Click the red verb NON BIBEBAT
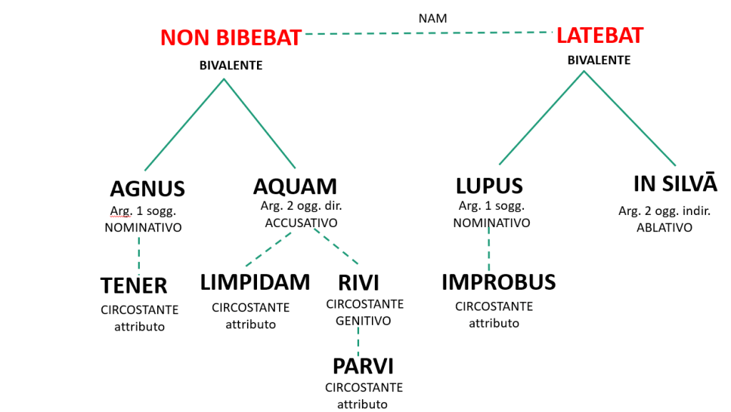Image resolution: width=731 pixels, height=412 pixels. click(231, 38)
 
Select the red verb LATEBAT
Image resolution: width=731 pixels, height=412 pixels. click(600, 35)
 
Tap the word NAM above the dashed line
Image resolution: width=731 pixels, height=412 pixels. click(433, 19)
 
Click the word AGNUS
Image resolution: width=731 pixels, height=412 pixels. click(147, 189)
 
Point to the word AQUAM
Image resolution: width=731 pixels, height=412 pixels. click(295, 186)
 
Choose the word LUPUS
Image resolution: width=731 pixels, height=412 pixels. click(489, 186)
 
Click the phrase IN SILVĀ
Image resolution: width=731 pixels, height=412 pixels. click(675, 184)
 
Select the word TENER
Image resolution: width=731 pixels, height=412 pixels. click(133, 286)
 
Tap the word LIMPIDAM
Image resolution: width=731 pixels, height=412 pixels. click(255, 282)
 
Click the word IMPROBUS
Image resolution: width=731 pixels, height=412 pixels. click(498, 282)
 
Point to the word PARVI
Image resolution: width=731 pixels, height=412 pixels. click(363, 366)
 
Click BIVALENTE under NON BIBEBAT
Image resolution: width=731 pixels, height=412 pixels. click(231, 66)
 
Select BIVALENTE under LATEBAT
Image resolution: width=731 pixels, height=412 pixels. click(599, 60)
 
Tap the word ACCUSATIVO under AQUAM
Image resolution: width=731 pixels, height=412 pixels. click(301, 223)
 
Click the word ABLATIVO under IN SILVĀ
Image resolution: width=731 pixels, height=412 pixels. click(665, 228)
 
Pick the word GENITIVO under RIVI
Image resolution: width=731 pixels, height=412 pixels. click(364, 321)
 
